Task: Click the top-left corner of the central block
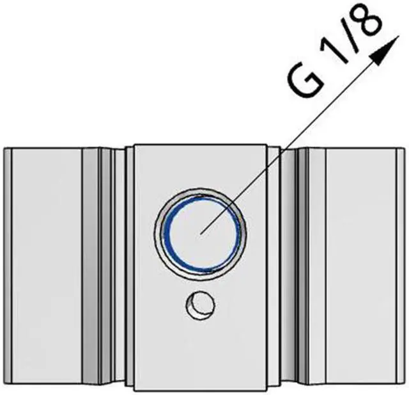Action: pyautogui.click(x=134, y=144)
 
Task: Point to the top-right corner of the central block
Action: pyautogui.click(x=268, y=144)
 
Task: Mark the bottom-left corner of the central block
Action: pyautogui.click(x=134, y=389)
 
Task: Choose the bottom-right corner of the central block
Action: pyautogui.click(x=268, y=389)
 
